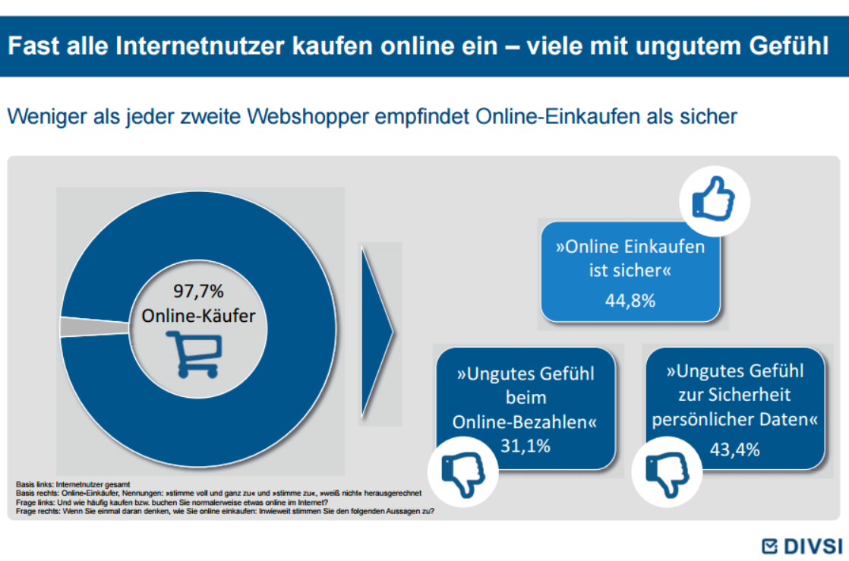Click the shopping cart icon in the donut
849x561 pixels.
[x=194, y=355]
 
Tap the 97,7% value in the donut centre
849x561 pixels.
[x=194, y=292]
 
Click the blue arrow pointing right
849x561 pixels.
[x=377, y=329]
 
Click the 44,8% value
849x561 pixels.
[x=630, y=301]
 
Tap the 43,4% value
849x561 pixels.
[x=734, y=450]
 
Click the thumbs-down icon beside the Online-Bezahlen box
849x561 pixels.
[x=462, y=471]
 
